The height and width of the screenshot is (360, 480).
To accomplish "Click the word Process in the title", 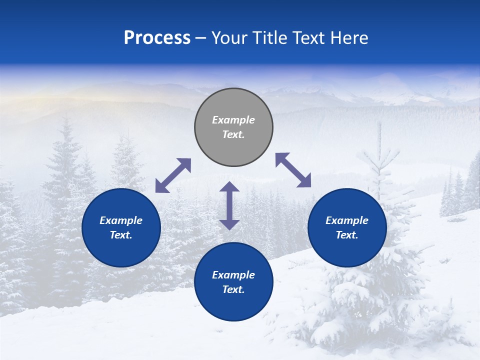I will tap(157, 38).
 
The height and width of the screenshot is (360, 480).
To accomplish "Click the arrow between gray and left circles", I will tap(173, 175).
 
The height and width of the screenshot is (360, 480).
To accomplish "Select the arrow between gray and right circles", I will tap(293, 170).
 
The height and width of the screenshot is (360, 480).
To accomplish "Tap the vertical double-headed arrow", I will tap(229, 205).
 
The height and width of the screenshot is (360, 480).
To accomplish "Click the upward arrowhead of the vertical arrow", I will tap(229, 186).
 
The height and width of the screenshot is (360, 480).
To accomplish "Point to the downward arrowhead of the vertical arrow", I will tap(229, 224).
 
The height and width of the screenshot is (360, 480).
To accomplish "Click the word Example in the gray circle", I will tap(233, 120).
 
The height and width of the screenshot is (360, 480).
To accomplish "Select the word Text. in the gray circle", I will tap(233, 134).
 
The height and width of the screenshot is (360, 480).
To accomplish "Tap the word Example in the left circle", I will tap(121, 220).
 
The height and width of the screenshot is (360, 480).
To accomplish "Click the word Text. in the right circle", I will tap(347, 235).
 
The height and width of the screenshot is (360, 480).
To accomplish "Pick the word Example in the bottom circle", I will tap(233, 275).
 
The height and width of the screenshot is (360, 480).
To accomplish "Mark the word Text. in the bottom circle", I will tap(233, 289).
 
